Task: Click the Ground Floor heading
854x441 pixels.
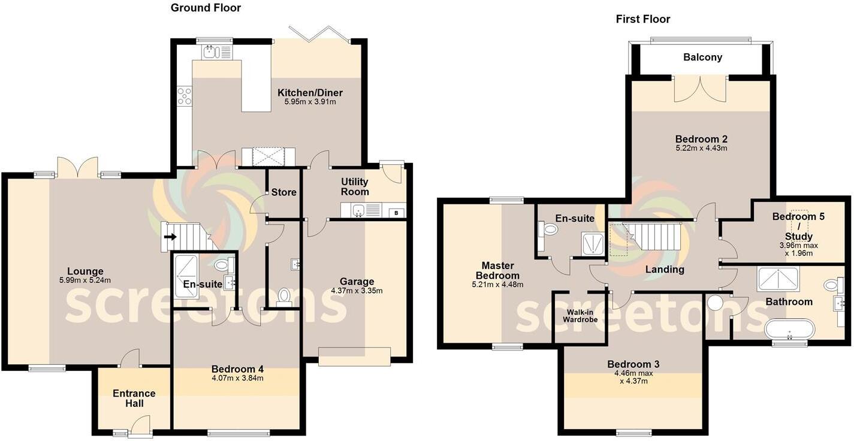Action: coord(206,8)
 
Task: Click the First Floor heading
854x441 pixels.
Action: coord(643,19)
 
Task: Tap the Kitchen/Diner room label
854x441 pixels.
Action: coord(310,93)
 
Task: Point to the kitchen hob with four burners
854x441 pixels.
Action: coord(185,96)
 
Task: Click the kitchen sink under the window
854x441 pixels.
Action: coord(210,53)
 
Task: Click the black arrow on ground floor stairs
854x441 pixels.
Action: coord(170,237)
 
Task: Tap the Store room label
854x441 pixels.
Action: coord(283,192)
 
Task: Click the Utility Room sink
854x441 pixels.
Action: coord(358,210)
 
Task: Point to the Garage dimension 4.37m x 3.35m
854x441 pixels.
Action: coord(357,291)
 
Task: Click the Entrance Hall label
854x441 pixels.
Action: coord(134,398)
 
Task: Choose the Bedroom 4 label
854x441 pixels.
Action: coord(237,369)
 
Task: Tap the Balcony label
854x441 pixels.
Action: coord(702,58)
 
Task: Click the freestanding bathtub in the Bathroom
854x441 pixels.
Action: coord(790,329)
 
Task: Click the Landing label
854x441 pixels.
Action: coord(665,270)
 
